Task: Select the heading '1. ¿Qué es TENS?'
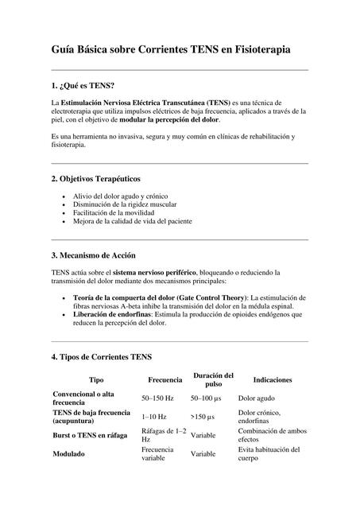click(x=83, y=85)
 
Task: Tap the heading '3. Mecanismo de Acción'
click(x=93, y=255)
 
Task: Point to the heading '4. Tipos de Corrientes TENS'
click(x=101, y=357)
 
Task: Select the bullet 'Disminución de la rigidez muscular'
click(x=124, y=204)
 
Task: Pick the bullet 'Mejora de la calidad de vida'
click(x=133, y=222)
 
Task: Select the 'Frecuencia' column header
click(x=165, y=380)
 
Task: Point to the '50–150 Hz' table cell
click(x=160, y=398)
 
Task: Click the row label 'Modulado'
click(x=70, y=454)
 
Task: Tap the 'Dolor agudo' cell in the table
click(x=257, y=398)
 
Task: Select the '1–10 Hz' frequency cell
click(x=154, y=417)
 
